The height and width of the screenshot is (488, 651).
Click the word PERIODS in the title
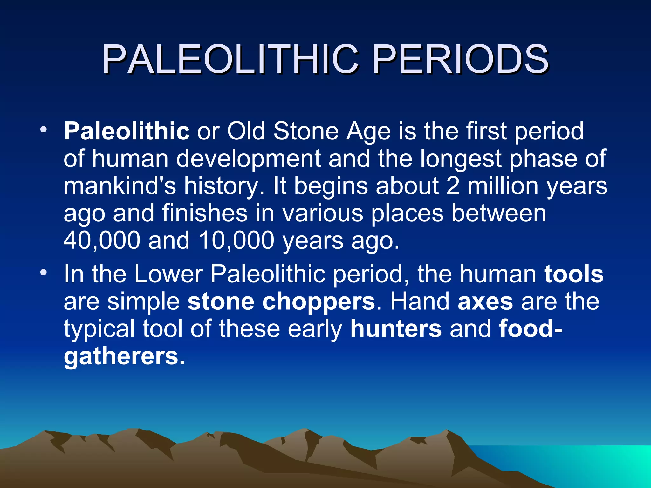460,59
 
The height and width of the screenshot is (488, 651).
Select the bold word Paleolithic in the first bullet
127,131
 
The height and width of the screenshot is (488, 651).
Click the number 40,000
102,240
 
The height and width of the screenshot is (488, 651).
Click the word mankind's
120,186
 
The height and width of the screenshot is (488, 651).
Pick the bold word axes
485,302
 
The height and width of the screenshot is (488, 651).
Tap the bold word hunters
396,329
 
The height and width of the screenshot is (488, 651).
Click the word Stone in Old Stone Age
306,131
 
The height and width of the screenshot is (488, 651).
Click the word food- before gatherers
530,329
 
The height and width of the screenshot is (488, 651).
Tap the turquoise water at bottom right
588,464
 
